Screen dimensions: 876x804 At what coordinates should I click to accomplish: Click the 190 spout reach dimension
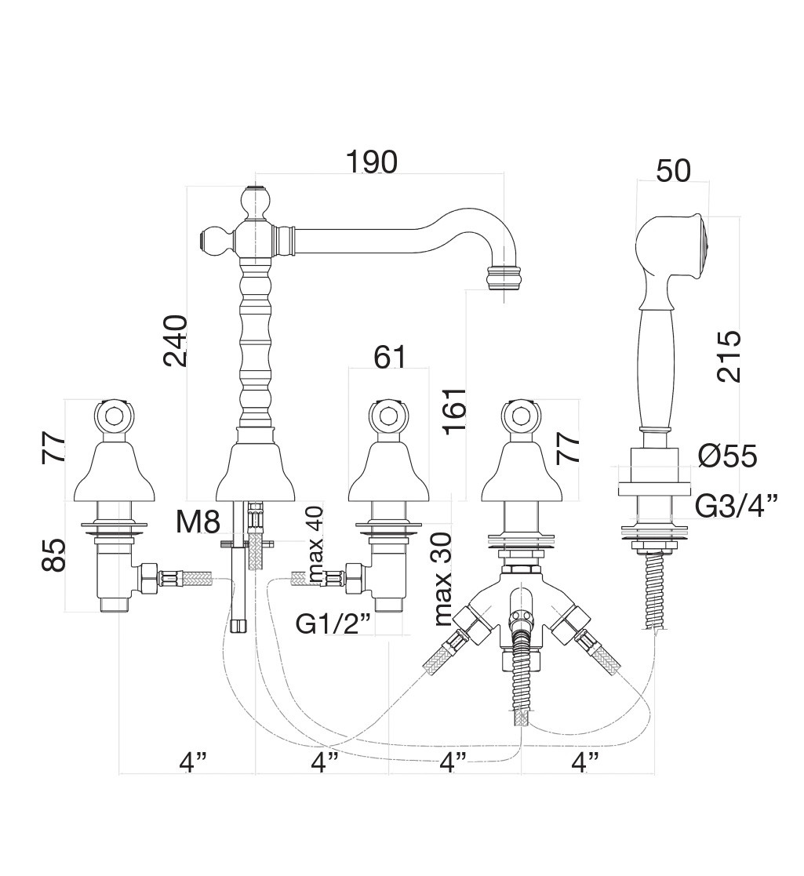tap(372, 162)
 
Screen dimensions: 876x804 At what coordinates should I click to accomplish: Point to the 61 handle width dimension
tap(390, 357)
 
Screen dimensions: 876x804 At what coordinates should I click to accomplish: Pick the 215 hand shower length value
tap(729, 356)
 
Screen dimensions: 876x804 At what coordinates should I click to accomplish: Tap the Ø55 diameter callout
tap(727, 456)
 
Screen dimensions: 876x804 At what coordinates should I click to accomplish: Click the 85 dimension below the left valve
tap(53, 554)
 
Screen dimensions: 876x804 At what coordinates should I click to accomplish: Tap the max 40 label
tap(316, 544)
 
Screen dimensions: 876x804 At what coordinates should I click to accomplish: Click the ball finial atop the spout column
tap(256, 201)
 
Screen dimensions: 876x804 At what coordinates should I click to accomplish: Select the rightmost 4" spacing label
tap(584, 761)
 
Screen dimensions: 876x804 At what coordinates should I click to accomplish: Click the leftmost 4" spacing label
tap(193, 761)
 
